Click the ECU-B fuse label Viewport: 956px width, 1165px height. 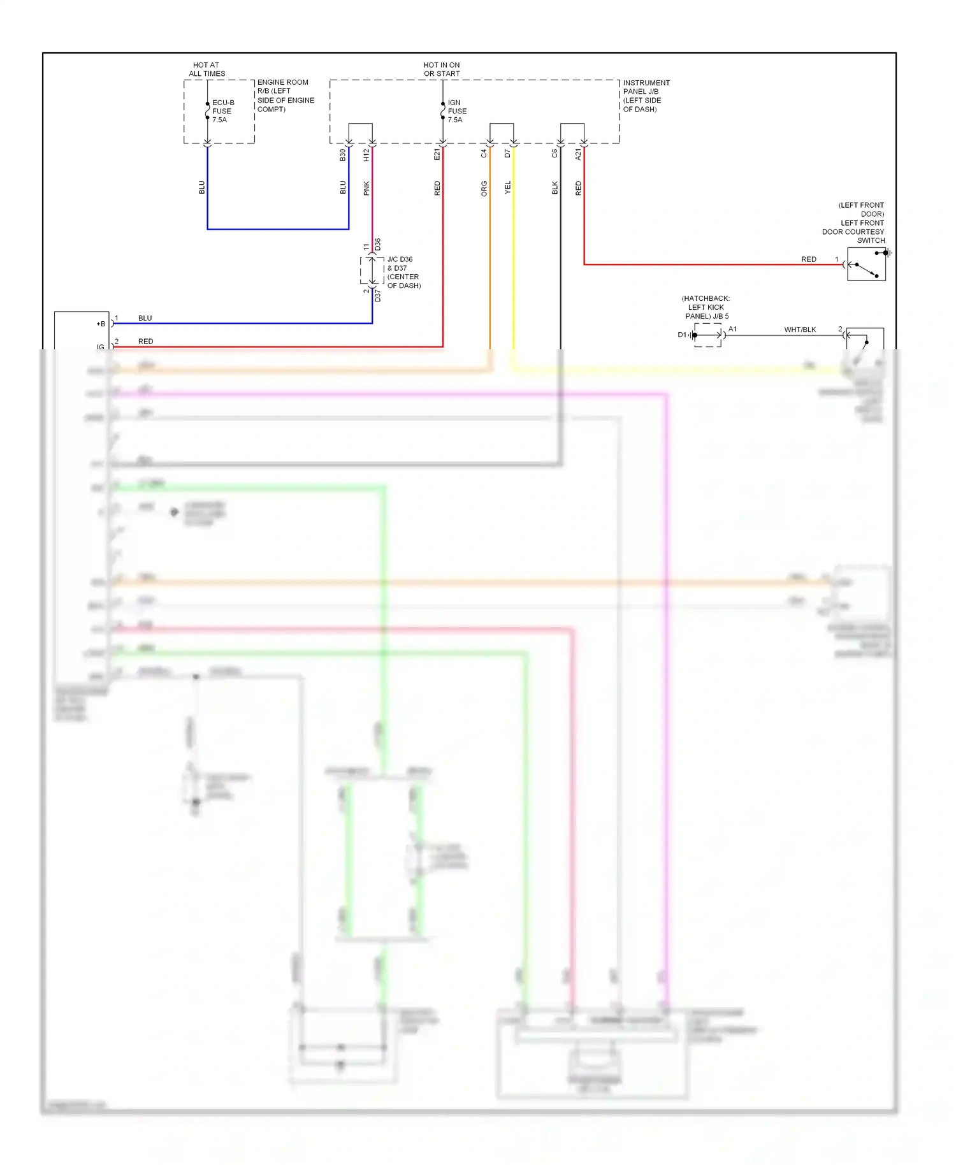point(222,111)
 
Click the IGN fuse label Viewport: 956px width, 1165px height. point(456,111)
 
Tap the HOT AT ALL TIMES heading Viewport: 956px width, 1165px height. point(206,69)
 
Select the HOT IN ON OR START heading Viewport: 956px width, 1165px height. point(442,69)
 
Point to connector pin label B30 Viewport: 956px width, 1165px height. point(343,155)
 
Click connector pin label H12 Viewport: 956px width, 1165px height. point(366,155)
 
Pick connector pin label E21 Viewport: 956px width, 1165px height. point(437,155)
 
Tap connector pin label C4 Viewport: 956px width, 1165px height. point(484,154)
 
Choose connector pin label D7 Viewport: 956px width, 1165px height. point(508,154)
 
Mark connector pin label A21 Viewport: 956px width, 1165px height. point(579,154)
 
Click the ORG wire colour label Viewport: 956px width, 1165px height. point(484,188)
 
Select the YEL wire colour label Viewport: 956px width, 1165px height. point(508,188)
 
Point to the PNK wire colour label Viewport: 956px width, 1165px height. point(366,188)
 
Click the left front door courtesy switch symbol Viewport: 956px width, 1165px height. point(866,264)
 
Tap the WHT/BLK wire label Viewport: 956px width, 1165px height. point(800,329)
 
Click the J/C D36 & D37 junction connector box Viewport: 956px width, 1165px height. point(372,271)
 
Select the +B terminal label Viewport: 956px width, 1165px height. point(101,324)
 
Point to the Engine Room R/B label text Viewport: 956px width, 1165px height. point(285,96)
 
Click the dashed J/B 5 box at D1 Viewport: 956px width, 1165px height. point(707,335)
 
